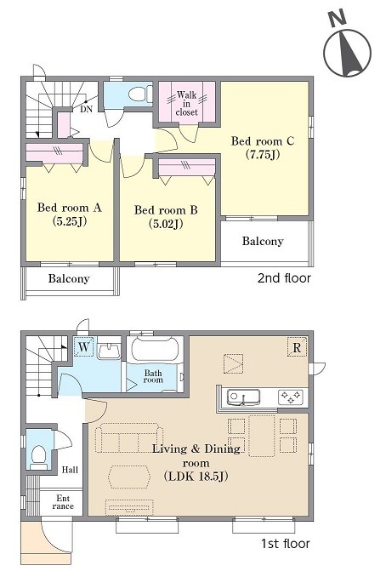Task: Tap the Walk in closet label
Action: (x=187, y=104)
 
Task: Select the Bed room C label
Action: (x=263, y=147)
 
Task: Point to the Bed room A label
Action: (x=69, y=214)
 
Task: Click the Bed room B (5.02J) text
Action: (x=166, y=216)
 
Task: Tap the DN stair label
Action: (x=87, y=109)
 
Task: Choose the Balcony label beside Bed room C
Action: (x=263, y=241)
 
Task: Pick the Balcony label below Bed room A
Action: (x=69, y=278)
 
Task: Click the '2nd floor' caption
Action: (x=284, y=277)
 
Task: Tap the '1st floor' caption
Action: (x=286, y=543)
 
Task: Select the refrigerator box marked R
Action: (x=297, y=347)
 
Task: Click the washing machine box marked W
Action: (x=84, y=347)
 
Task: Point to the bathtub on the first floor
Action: (x=155, y=348)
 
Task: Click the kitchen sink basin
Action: (x=243, y=397)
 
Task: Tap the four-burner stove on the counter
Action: (x=291, y=397)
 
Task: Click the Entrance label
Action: (x=63, y=502)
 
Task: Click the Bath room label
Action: (x=153, y=376)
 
